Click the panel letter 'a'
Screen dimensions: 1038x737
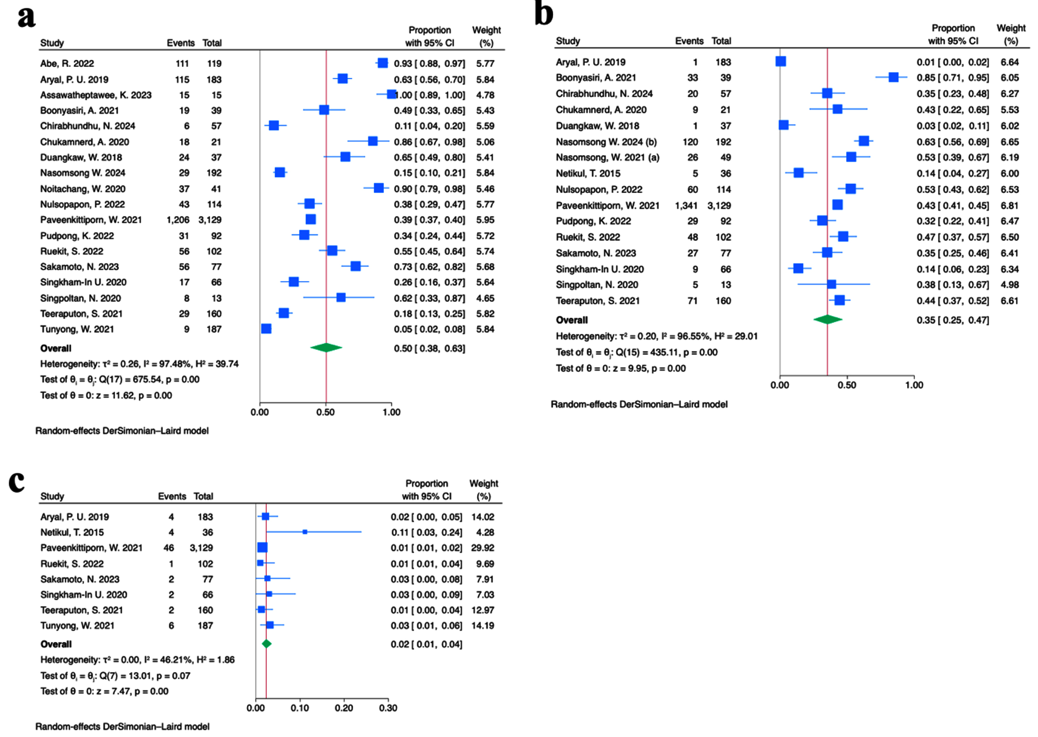coord(26,17)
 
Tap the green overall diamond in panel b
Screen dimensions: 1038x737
coord(828,320)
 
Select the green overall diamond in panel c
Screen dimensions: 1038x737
coord(266,644)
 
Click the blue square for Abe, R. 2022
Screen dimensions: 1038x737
coord(382,63)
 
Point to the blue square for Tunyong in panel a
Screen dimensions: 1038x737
coord(266,329)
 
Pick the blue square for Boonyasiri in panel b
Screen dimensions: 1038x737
coord(893,77)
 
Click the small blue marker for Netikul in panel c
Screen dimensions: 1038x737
coord(305,532)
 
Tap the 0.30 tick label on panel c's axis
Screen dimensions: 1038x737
coord(388,708)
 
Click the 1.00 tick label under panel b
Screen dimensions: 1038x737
coord(914,385)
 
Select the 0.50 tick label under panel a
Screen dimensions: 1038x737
coord(325,412)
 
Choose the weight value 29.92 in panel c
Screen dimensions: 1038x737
coord(483,548)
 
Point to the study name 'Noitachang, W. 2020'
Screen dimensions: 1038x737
coord(83,189)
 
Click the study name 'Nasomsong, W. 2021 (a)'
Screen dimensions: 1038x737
coord(607,158)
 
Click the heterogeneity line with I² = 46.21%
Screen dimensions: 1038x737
coord(137,660)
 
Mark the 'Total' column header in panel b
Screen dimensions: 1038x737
coord(721,41)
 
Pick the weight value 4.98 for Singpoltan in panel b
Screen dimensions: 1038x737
coord(1009,285)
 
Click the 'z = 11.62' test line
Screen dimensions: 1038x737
coord(106,395)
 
